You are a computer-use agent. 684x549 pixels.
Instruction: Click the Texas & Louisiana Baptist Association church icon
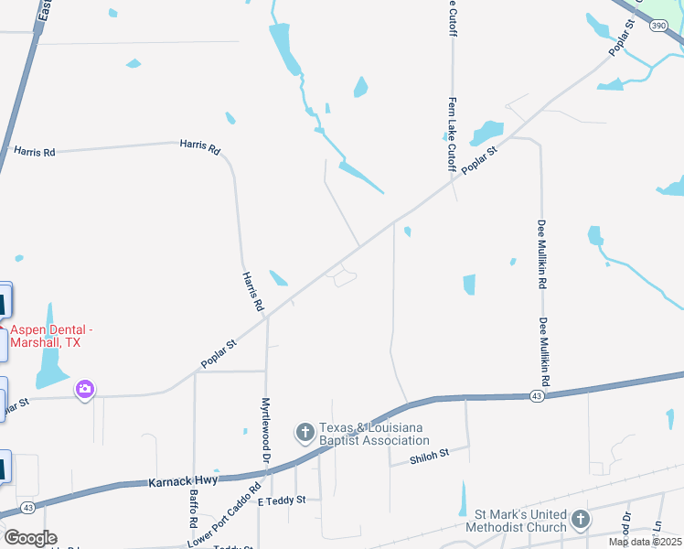pyautogui.click(x=305, y=430)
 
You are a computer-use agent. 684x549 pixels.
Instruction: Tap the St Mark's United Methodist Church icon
pyautogui.click(x=580, y=521)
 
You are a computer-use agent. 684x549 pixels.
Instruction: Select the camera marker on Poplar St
pyautogui.click(x=85, y=391)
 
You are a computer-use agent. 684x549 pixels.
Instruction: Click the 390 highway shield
pyautogui.click(x=658, y=26)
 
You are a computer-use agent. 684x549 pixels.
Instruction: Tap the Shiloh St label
pyautogui.click(x=429, y=454)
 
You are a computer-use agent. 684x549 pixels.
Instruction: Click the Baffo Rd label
pyautogui.click(x=194, y=509)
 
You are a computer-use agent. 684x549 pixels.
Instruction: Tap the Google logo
pyautogui.click(x=29, y=538)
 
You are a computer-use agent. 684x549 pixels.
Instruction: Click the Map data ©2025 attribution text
pyautogui.click(x=646, y=542)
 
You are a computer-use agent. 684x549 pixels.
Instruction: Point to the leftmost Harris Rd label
pyautogui.click(x=35, y=151)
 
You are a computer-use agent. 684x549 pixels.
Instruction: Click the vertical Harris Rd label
pyautogui.click(x=253, y=291)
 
